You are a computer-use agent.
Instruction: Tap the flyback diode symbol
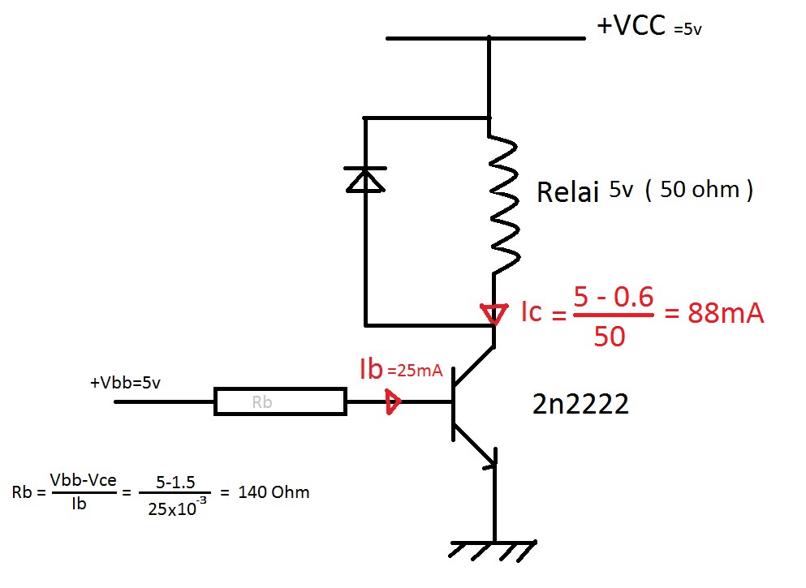[x=365, y=178]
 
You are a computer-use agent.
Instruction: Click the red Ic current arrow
[x=493, y=313]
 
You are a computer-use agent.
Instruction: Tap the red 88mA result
[x=726, y=313]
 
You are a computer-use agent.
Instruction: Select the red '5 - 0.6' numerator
[x=613, y=298]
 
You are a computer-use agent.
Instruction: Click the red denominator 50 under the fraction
[x=609, y=335]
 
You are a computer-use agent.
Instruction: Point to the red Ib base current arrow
[x=393, y=401]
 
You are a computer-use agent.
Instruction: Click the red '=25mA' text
[x=415, y=371]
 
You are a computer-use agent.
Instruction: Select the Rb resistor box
[x=279, y=401]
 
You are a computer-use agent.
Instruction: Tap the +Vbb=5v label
[x=125, y=382]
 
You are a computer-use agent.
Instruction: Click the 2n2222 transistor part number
[x=580, y=405]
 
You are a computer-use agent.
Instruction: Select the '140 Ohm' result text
[x=274, y=492]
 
